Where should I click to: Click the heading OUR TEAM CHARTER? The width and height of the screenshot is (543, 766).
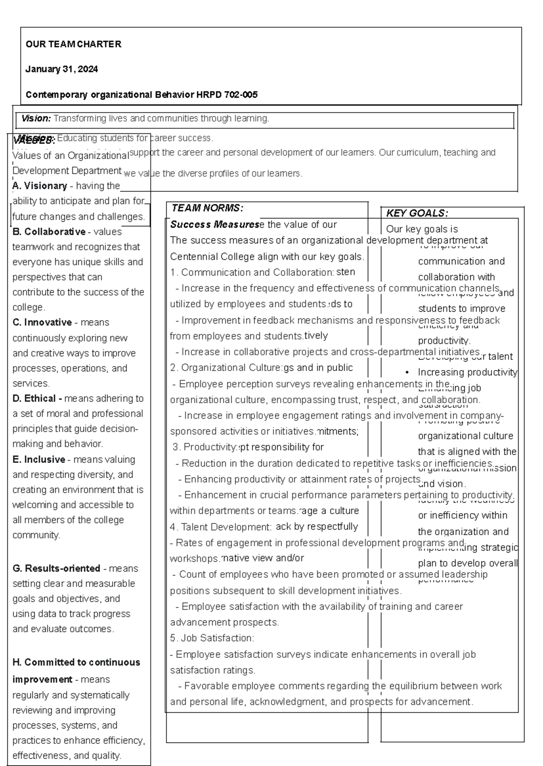(73, 44)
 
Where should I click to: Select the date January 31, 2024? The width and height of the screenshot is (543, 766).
(62, 69)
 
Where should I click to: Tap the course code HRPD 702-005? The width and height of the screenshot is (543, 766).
(227, 95)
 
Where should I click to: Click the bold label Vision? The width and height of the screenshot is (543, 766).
(36, 119)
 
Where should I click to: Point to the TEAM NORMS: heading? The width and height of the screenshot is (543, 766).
(208, 208)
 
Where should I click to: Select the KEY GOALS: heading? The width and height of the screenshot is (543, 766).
(417, 213)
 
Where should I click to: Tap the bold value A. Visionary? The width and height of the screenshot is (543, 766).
(40, 186)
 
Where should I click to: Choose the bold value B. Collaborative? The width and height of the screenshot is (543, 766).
(49, 232)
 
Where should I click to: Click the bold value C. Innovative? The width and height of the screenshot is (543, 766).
(42, 323)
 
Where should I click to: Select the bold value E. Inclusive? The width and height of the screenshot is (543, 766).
(39, 460)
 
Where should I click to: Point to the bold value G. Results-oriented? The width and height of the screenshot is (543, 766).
(56, 569)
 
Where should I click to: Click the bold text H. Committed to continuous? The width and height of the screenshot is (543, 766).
(76, 662)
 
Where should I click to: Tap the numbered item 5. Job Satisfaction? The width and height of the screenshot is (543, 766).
(212, 638)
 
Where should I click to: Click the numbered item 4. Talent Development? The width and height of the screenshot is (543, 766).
(221, 527)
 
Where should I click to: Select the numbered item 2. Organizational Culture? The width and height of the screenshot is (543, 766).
(226, 368)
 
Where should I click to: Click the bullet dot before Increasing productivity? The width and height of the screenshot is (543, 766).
(407, 373)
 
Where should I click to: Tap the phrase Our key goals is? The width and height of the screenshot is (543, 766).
(422, 229)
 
